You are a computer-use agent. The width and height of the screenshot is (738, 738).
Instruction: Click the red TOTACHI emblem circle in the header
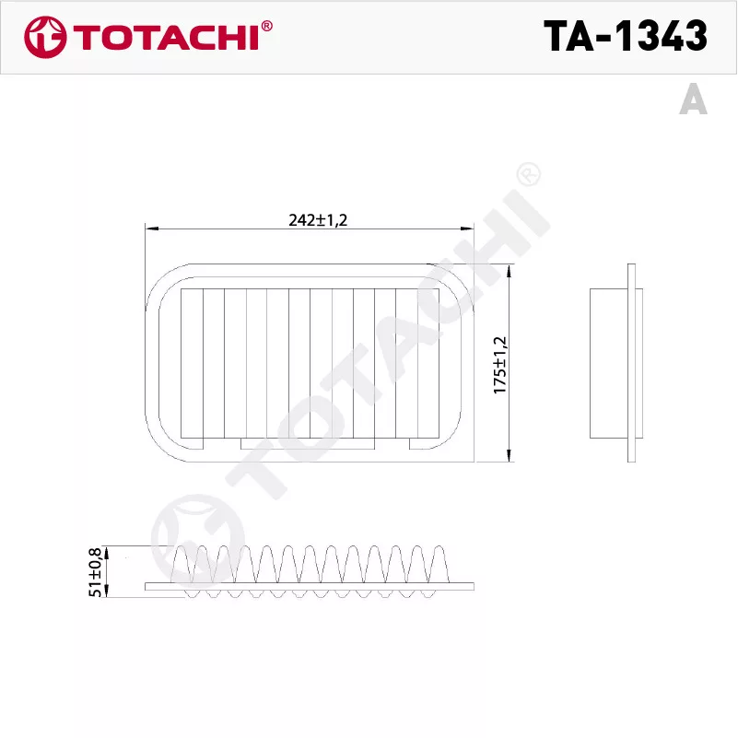point(45,37)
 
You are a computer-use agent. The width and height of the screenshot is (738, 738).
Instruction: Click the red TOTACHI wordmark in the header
point(166,38)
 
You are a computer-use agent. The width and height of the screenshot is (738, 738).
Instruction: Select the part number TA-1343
point(625,36)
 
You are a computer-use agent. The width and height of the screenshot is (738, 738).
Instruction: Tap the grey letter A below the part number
point(693,99)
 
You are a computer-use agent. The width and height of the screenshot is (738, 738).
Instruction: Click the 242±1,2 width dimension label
point(318,220)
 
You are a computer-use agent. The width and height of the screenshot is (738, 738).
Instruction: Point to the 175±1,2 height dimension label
point(500,365)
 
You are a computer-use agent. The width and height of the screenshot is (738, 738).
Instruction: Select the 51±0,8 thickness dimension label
point(95,572)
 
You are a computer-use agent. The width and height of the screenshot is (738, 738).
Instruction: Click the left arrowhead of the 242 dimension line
point(151,228)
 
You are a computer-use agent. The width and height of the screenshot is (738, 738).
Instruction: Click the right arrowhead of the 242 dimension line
point(467,228)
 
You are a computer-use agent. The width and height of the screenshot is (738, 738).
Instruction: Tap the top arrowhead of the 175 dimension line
point(509,270)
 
